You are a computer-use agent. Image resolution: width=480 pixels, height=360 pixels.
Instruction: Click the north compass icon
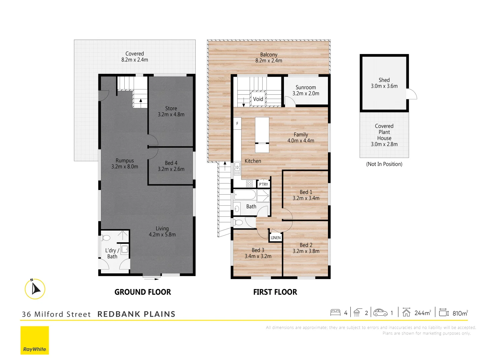point(35,289)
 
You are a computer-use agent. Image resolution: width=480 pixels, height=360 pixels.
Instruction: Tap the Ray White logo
point(35,340)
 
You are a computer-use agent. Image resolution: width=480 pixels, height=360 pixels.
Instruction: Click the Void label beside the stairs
point(258,99)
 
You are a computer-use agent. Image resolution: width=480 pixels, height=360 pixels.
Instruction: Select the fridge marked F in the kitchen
point(237,124)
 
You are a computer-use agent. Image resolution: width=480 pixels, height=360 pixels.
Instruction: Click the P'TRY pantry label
point(263,184)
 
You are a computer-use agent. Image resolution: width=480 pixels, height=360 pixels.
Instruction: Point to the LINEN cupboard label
point(276,238)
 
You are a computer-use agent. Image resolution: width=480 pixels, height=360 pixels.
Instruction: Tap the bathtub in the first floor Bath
point(245,195)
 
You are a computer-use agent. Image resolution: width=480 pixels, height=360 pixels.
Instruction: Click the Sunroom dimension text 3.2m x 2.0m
point(306,94)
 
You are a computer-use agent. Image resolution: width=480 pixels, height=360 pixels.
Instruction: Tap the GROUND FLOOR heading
point(143,292)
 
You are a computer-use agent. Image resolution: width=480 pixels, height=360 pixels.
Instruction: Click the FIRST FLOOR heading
point(275,292)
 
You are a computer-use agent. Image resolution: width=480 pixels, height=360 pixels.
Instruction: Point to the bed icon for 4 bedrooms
point(335,313)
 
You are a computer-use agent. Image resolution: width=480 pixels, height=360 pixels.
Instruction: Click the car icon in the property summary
point(380,313)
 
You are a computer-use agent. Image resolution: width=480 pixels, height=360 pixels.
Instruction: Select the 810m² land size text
point(460,313)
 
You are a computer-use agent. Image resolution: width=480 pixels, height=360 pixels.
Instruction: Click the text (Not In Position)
point(384,164)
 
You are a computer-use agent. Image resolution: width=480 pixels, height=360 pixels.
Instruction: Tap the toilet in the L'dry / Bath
point(106,238)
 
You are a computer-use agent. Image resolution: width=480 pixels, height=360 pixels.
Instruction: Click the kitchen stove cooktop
point(249,184)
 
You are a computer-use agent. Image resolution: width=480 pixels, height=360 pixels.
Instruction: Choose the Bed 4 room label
point(171,163)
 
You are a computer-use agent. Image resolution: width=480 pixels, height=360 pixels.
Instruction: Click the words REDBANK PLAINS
point(136,314)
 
